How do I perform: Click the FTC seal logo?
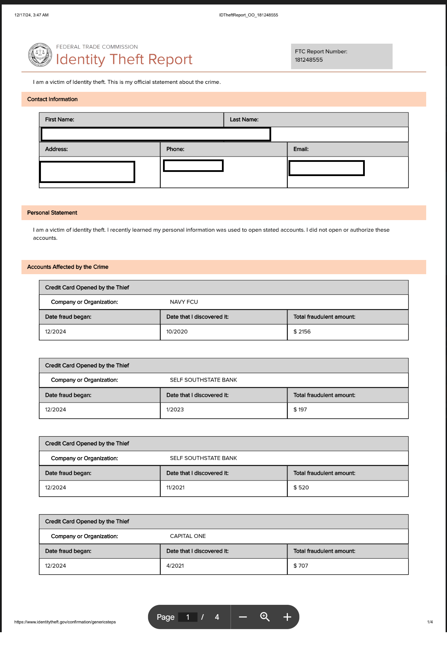pos(40,55)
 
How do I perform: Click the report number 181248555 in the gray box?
pos(309,60)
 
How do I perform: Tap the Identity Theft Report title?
pos(124,60)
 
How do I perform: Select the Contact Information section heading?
pos(52,99)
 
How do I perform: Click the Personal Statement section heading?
pos(52,212)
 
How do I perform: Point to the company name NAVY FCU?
pos(184,302)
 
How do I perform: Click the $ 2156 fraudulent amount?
pos(302,331)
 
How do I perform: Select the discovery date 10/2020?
pos(177,331)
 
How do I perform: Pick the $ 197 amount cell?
pos(300,409)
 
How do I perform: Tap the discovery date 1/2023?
pos(175,409)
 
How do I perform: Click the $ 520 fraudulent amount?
pos(301,487)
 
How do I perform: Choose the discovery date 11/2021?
pos(175,487)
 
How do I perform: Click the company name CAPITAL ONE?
pos(188,536)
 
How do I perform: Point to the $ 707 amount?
pos(301,565)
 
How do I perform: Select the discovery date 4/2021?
pos(175,565)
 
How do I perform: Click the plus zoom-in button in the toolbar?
pos(287,617)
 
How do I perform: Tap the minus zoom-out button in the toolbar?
pos(243,617)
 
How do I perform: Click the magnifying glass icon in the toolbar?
pos(265,617)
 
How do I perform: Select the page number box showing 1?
pos(188,617)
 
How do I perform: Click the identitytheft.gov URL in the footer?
pos(65,622)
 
